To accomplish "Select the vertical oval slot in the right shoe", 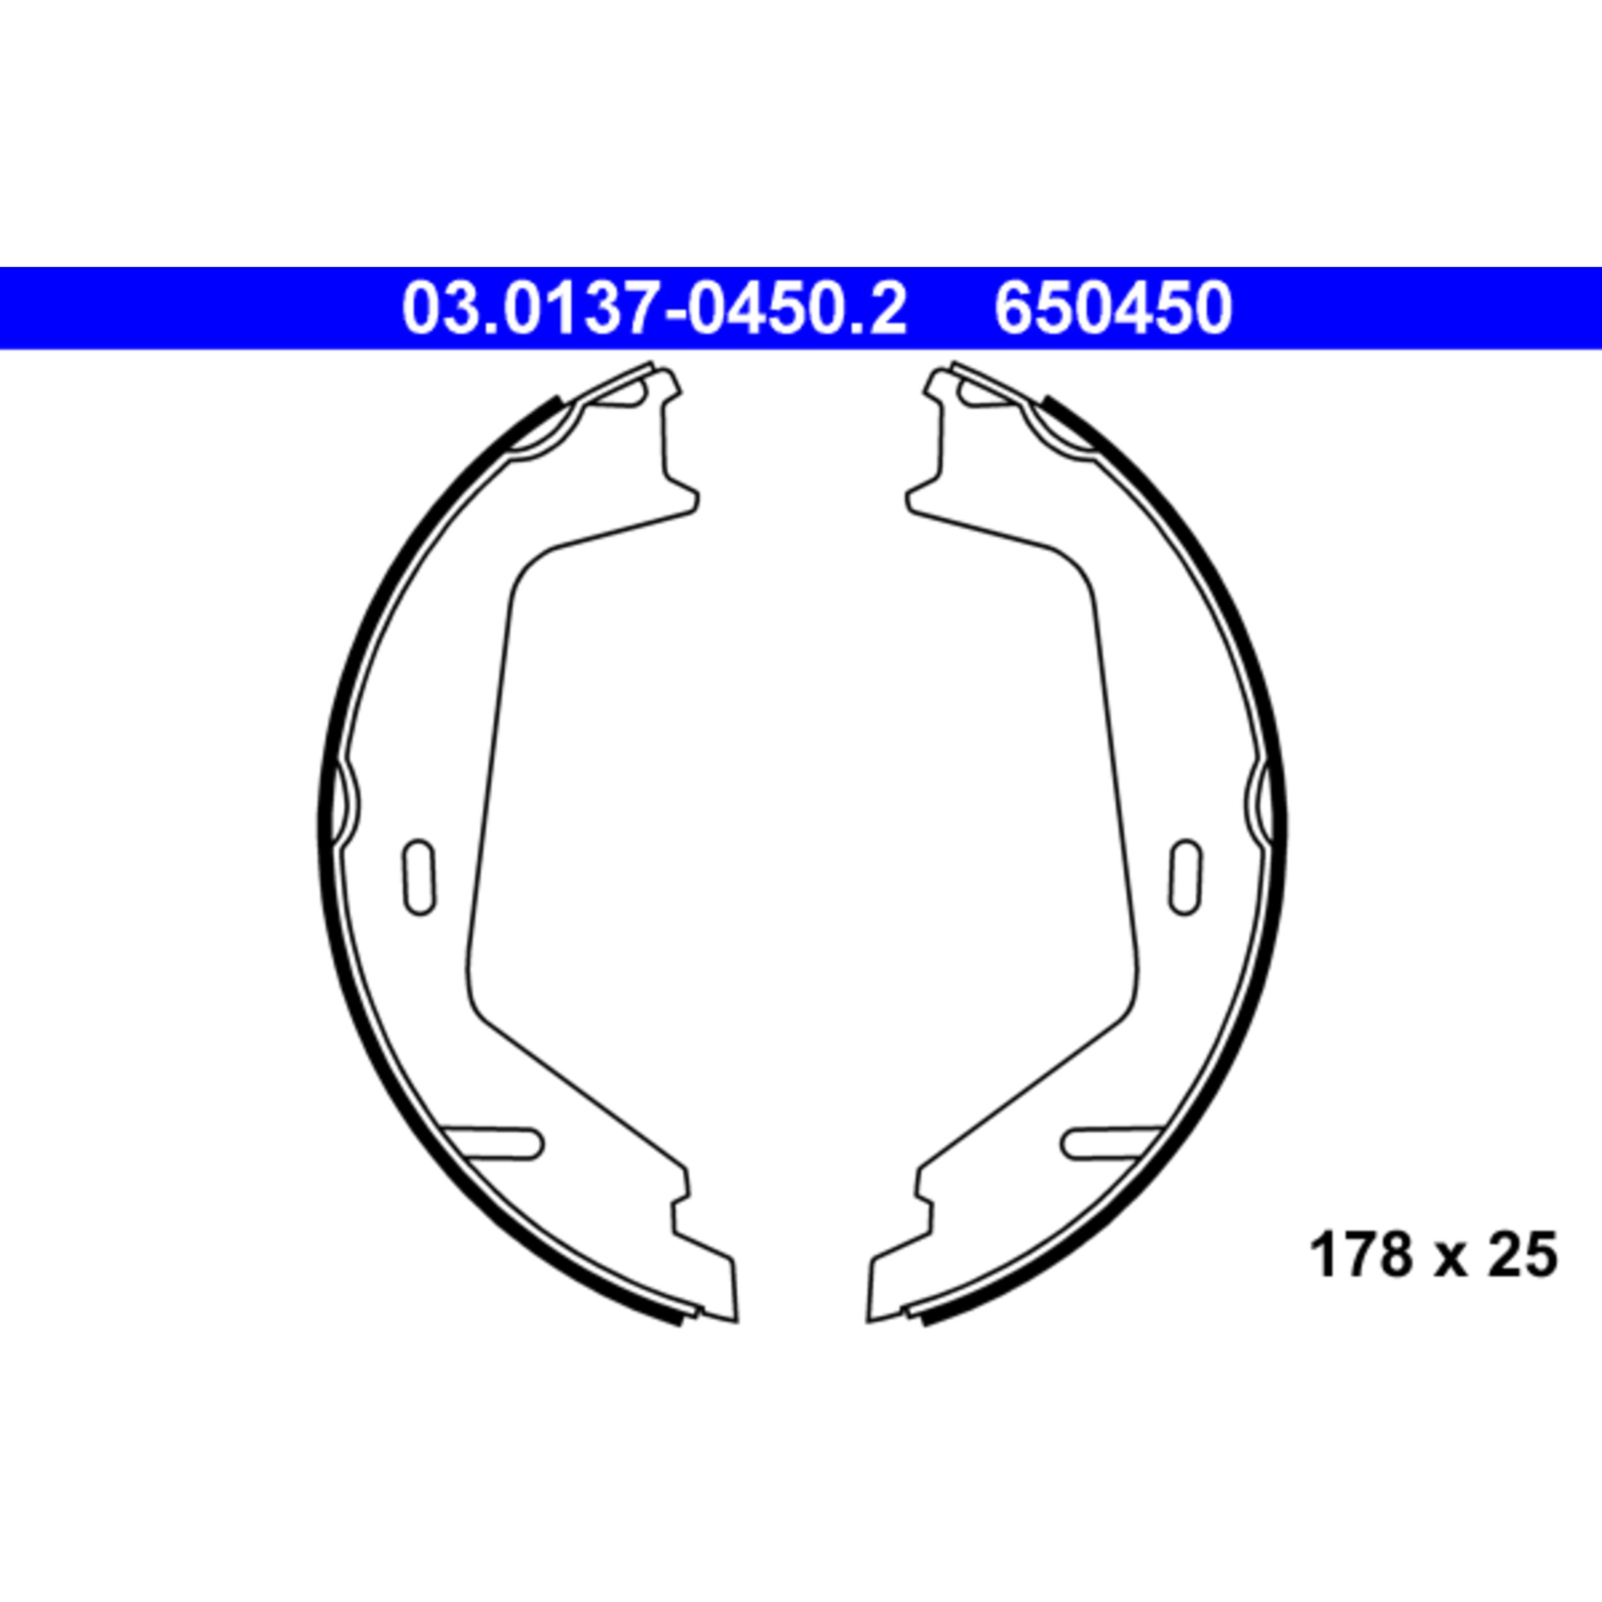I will click(x=1185, y=877).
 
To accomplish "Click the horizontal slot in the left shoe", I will click(x=494, y=1143).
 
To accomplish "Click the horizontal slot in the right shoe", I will click(x=1111, y=1143).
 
